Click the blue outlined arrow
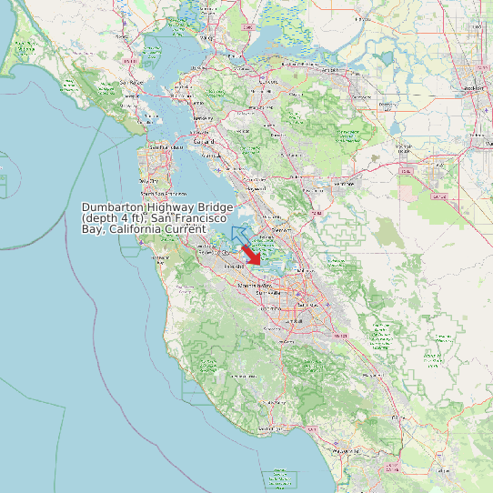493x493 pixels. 239,236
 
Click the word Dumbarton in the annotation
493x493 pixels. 114,208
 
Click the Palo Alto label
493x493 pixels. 234,266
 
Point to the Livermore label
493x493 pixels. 344,184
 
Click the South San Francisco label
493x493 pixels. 165,194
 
